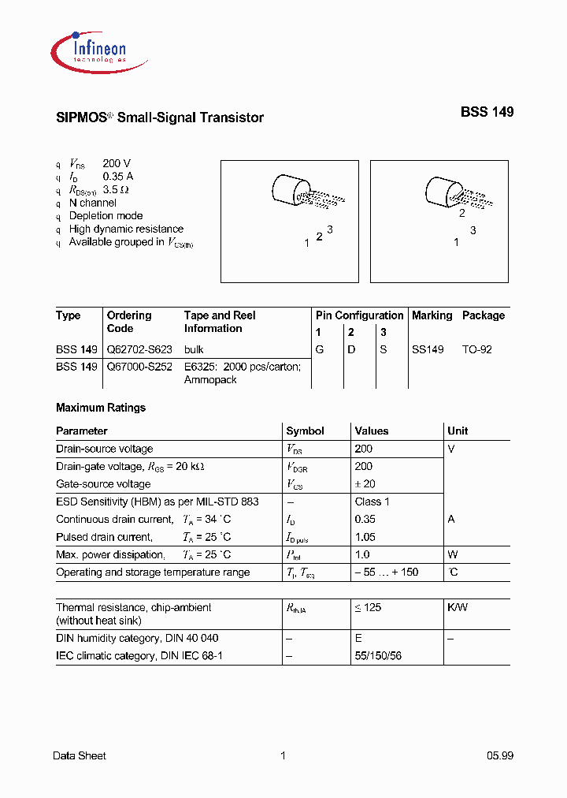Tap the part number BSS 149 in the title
[487, 113]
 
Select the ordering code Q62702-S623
[139, 349]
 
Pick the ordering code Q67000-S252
[139, 367]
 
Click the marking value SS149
[428, 349]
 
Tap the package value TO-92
[476, 349]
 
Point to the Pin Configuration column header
[359, 315]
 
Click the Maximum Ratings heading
[101, 408]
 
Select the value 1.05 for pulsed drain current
[365, 537]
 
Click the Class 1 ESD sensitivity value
[372, 502]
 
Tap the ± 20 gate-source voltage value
[365, 484]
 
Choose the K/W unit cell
[458, 607]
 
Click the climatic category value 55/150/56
[378, 656]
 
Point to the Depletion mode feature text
[106, 215]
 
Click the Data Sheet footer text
[79, 755]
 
